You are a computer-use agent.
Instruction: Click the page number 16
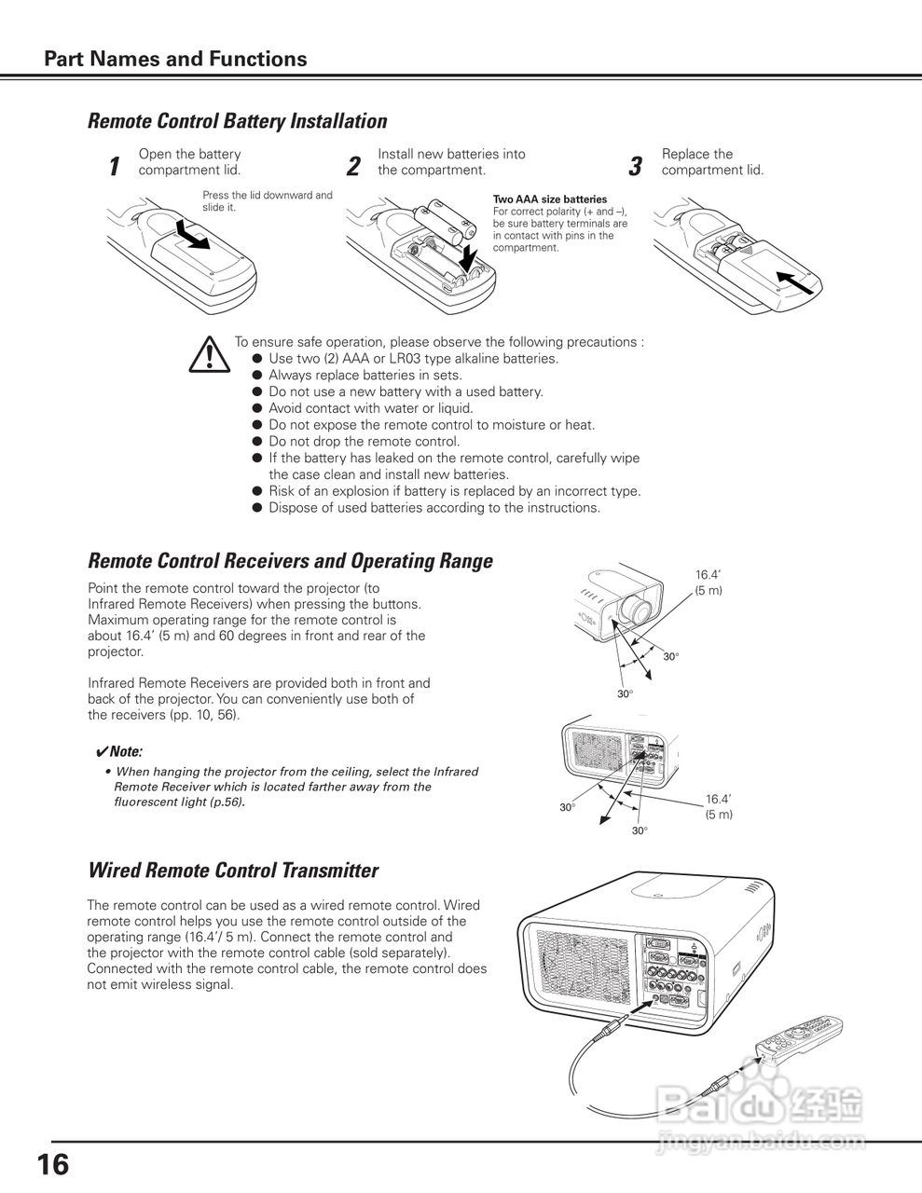[53, 1165]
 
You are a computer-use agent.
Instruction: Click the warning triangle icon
[209, 354]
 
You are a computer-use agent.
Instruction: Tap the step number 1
[115, 166]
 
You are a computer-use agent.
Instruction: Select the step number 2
[353, 166]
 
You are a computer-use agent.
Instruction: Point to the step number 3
[636, 166]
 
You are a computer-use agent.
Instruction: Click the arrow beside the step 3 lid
[794, 282]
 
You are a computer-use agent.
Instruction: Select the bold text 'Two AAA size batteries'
[550, 199]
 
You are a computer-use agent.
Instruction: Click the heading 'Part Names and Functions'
[175, 59]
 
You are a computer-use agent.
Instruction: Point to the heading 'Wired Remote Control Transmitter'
[233, 871]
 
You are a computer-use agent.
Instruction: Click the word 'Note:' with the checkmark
[118, 751]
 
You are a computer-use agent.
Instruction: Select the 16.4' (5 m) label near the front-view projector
[709, 583]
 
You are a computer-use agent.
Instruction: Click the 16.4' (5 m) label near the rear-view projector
[719, 806]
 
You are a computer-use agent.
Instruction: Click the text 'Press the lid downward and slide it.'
[268, 201]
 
